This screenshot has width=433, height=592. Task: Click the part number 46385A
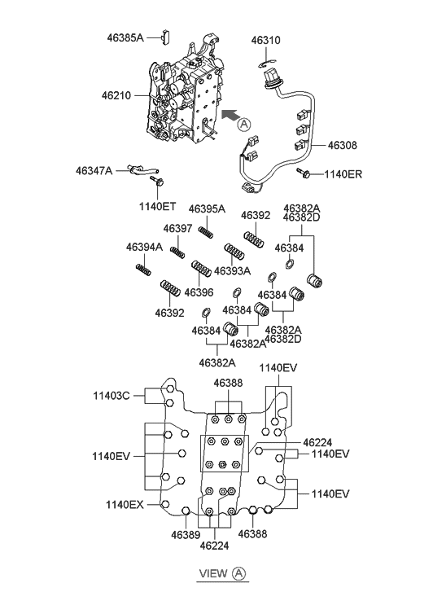(x=125, y=37)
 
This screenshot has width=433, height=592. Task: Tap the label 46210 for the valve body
(x=116, y=95)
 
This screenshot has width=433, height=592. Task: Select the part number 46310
(x=266, y=40)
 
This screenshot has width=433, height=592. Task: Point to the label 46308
(x=342, y=145)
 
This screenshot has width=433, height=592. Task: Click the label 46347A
(x=94, y=171)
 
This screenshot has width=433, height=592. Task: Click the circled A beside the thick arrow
(x=244, y=125)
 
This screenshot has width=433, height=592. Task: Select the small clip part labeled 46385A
(x=166, y=37)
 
